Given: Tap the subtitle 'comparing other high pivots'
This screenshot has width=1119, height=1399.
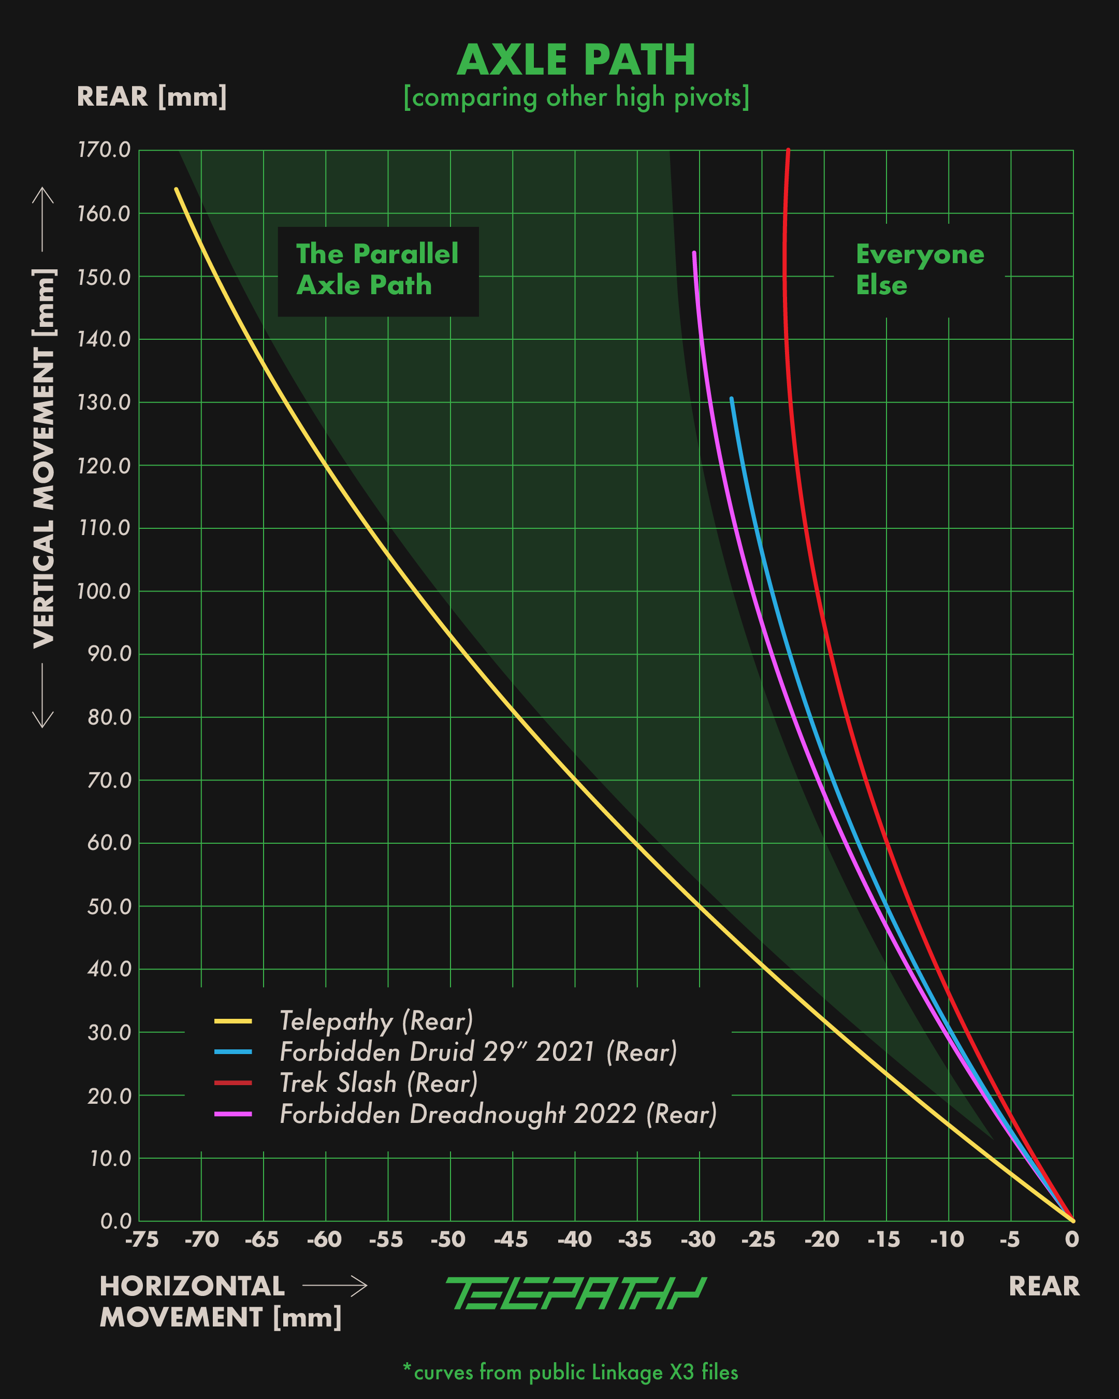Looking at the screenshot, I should [576, 97].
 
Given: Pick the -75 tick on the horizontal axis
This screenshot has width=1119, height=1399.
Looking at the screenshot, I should [141, 1240].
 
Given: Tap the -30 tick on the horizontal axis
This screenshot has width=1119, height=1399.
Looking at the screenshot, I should [698, 1240].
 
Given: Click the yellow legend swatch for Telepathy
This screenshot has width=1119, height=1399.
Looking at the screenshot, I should [233, 1021].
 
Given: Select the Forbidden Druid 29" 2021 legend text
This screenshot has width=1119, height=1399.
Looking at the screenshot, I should [478, 1052].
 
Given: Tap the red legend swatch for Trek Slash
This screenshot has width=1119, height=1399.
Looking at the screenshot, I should [233, 1083].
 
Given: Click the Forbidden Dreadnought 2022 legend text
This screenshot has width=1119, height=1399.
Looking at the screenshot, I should [498, 1114].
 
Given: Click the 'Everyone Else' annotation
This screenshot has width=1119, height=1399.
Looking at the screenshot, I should [919, 269].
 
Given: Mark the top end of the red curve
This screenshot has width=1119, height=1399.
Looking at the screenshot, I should [788, 151].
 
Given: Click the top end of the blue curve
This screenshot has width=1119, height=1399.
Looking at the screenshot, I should [731, 399].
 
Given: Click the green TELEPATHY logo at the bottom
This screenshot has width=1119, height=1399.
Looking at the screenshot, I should [575, 1293].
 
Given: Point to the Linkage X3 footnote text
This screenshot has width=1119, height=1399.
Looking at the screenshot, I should [570, 1373].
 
